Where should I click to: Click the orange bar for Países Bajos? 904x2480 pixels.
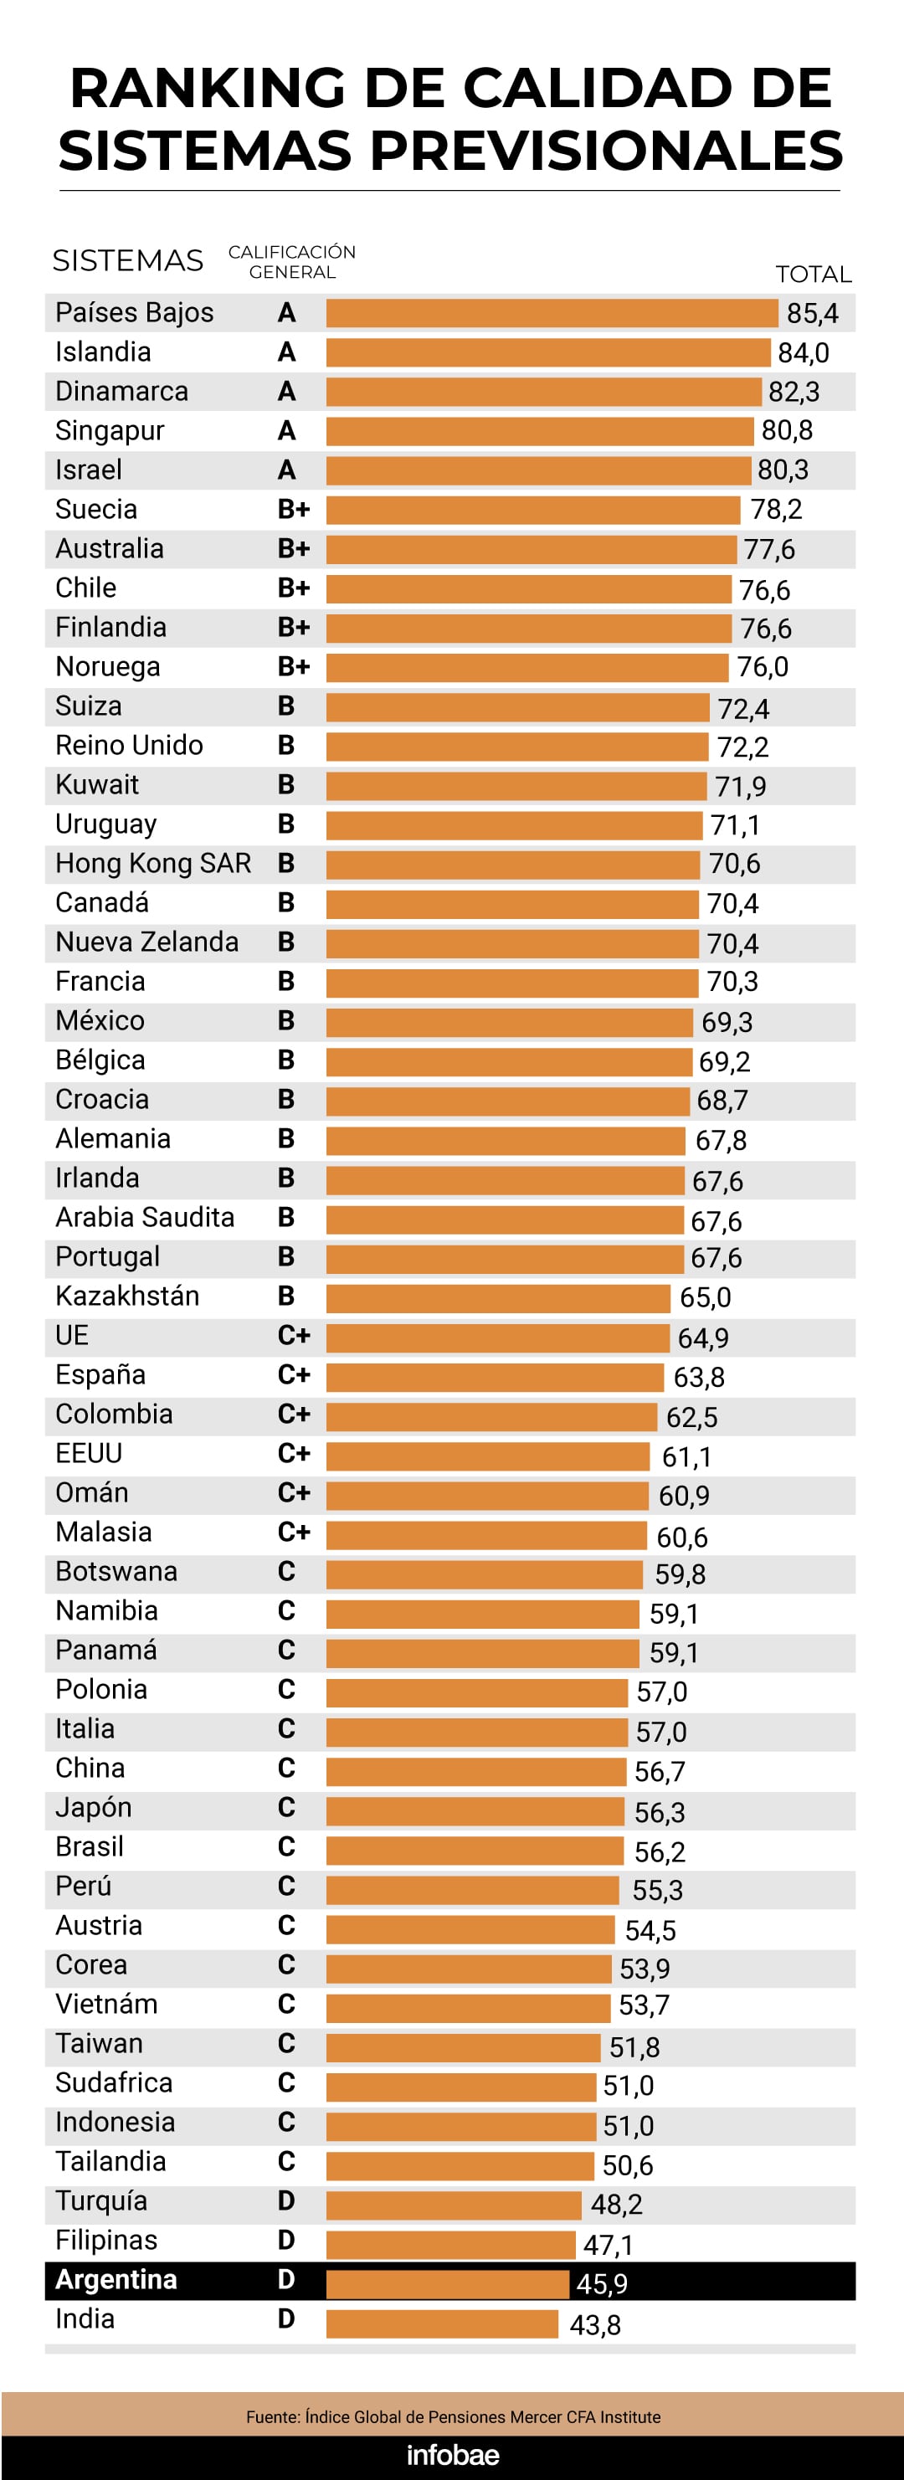click(x=551, y=313)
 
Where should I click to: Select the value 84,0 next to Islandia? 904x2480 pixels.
click(x=803, y=353)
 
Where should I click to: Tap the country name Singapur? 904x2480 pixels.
click(x=110, y=430)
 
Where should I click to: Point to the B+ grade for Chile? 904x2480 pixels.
click(x=294, y=588)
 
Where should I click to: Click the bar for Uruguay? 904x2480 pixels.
click(x=513, y=825)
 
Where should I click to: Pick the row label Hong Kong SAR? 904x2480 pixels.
click(x=153, y=864)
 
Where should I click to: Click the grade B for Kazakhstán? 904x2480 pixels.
click(x=286, y=1296)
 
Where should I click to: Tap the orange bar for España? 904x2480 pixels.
click(x=494, y=1377)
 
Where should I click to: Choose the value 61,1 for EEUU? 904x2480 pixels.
click(x=686, y=1456)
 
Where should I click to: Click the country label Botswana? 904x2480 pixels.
click(x=116, y=1571)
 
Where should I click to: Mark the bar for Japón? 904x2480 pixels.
click(x=475, y=1811)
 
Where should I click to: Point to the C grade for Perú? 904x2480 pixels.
click(x=286, y=1886)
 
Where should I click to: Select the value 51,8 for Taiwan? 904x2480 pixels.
click(x=634, y=2046)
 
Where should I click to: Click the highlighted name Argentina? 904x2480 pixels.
click(x=116, y=2280)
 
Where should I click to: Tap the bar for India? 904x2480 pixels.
click(x=442, y=2324)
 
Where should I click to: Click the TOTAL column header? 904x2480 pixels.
click(x=814, y=275)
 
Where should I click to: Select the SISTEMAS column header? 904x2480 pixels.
click(x=128, y=261)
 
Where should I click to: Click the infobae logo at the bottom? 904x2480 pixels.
click(x=453, y=2454)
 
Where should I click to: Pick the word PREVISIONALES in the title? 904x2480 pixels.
click(x=607, y=151)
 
